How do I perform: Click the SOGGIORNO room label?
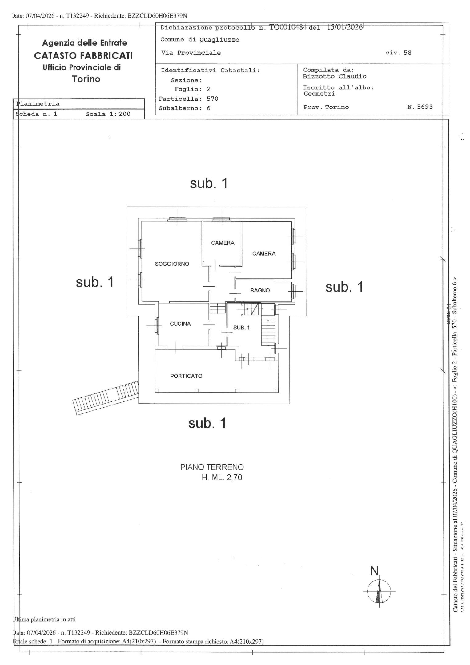pyautogui.click(x=172, y=264)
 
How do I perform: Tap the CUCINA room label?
pyautogui.click(x=180, y=324)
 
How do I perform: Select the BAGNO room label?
pyautogui.click(x=260, y=290)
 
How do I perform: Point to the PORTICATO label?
pyautogui.click(x=186, y=376)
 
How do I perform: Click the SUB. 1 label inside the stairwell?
pyautogui.click(x=241, y=328)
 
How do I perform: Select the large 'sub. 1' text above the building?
pyautogui.click(x=209, y=183)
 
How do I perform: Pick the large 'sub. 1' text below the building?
pyautogui.click(x=207, y=424)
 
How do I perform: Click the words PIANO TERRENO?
pyautogui.click(x=212, y=467)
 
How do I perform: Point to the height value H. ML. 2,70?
pyautogui.click(x=222, y=478)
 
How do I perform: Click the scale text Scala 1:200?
pyautogui.click(x=108, y=114)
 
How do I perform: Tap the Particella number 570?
pyautogui.click(x=212, y=99)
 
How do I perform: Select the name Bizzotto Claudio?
pyautogui.click(x=335, y=76)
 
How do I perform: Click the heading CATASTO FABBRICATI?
pyautogui.click(x=83, y=55)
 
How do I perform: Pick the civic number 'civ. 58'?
pyautogui.click(x=398, y=53)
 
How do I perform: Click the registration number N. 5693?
pyautogui.click(x=420, y=107)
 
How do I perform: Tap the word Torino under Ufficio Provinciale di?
pyautogui.click(x=86, y=79)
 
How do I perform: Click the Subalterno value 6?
pyautogui.click(x=209, y=108)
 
